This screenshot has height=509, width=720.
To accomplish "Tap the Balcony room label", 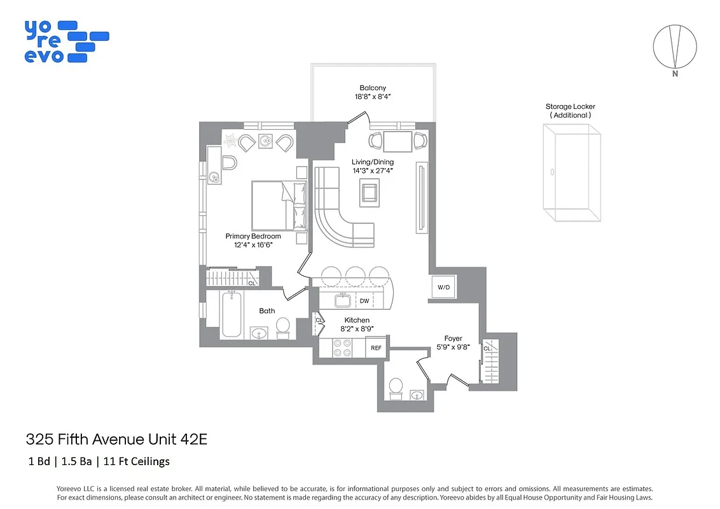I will click(x=373, y=88).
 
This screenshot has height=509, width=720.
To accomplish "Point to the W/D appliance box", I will click(x=443, y=288).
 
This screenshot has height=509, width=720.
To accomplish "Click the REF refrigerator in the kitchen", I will click(x=377, y=348).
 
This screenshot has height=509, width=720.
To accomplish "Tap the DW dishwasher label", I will click(x=364, y=301).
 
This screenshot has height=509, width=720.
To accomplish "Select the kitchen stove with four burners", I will click(x=343, y=348).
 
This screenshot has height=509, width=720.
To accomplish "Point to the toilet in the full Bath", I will click(x=282, y=326).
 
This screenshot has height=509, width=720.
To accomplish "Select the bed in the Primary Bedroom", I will click(x=278, y=205).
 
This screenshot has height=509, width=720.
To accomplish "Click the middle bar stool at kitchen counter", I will click(x=355, y=275).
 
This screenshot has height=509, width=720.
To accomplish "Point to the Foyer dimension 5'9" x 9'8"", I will click(x=453, y=347).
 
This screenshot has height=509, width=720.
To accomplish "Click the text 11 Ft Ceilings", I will click(x=140, y=461).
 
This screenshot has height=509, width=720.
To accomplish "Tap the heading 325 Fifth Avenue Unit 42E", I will click(x=116, y=439).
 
